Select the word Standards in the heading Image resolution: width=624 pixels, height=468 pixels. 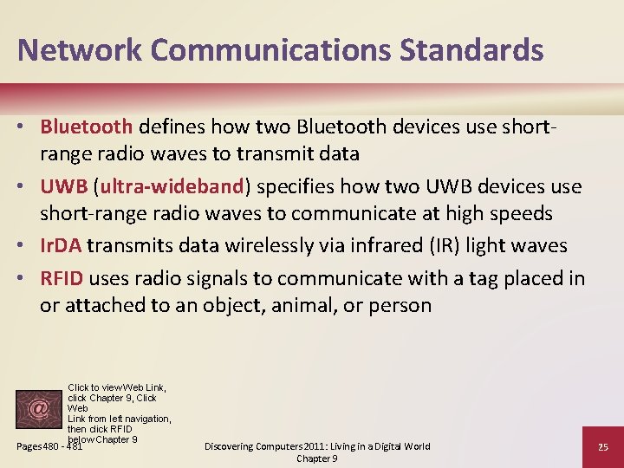pos(471,49)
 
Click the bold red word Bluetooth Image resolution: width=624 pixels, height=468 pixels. pos(86,127)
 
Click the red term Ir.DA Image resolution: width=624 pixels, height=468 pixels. pos(61,245)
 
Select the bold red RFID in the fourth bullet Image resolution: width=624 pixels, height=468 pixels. pos(62,277)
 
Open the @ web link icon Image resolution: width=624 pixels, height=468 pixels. pos(39,408)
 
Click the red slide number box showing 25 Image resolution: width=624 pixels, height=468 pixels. pos(602,446)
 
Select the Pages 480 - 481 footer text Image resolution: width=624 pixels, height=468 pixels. pos(49,446)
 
